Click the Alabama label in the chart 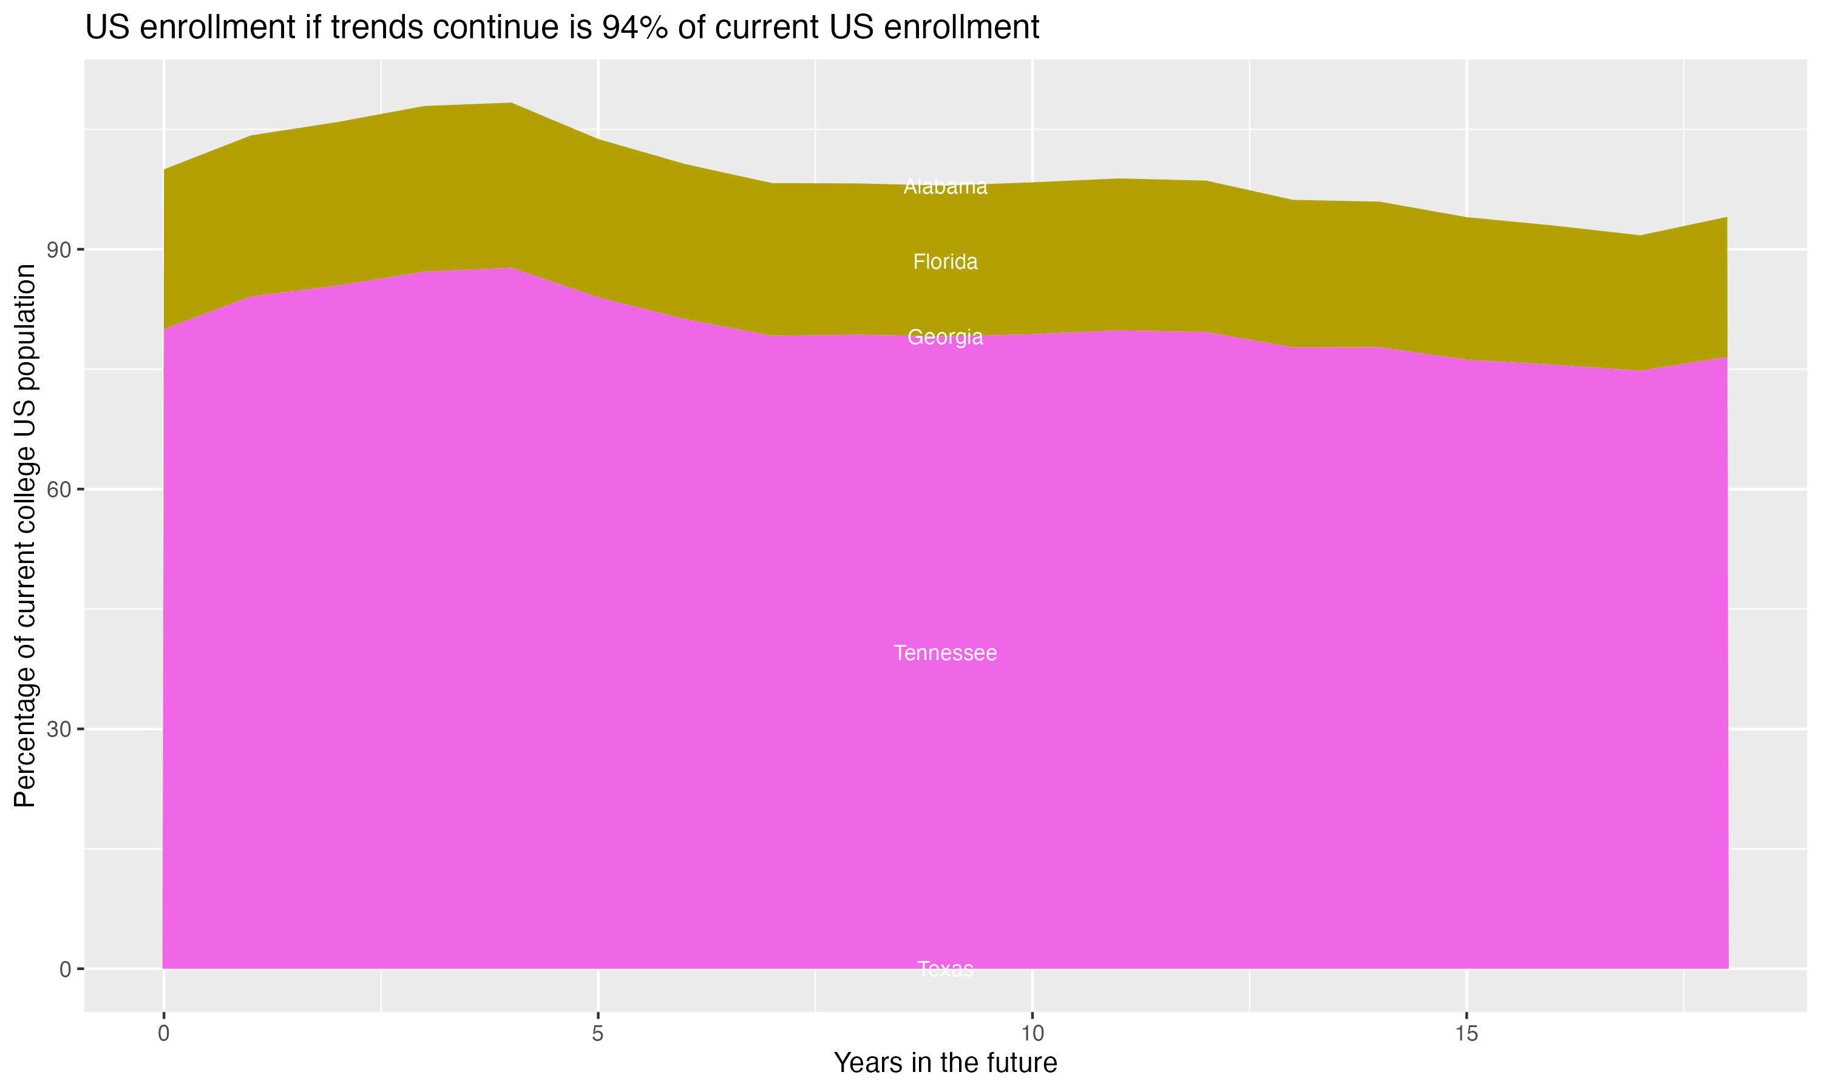[945, 187]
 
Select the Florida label [945, 262]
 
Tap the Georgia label [945, 337]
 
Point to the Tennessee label [945, 653]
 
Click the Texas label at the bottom [945, 969]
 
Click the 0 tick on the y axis [66, 969]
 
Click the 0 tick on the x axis [163, 1034]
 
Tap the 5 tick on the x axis [598, 1034]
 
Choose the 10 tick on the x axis [1032, 1034]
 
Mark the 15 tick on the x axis [1467, 1034]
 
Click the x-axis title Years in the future [945, 1063]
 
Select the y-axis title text [25, 535]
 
